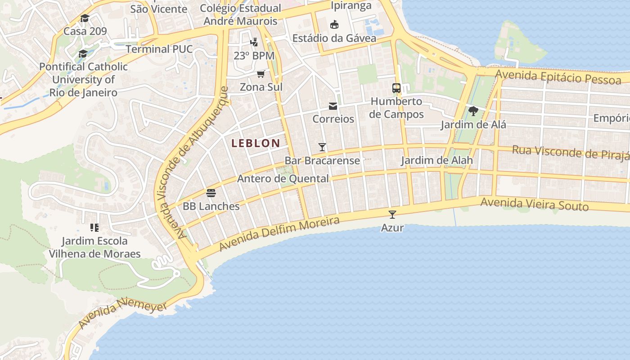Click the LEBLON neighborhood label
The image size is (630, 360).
tap(256, 143)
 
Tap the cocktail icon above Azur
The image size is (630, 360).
tap(392, 214)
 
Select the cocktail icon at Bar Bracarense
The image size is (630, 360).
tap(322, 147)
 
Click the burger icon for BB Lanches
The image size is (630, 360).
tap(211, 193)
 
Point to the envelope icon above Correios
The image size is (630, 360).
tap(333, 106)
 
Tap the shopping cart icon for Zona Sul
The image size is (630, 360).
tap(261, 74)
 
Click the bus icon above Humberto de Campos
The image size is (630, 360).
tap(396, 88)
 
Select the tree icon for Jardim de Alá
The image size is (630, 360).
tap(473, 111)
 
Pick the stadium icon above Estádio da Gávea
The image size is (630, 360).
tap(334, 24)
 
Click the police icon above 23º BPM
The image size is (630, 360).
tap(254, 42)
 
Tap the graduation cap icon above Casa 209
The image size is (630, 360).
tap(85, 18)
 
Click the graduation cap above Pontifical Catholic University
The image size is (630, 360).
tap(83, 54)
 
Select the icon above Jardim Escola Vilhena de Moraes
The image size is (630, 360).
tap(94, 227)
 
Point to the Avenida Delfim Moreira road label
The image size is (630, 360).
tap(279, 234)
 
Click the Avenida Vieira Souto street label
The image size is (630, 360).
tap(534, 204)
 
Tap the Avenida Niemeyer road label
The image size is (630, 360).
tap(122, 314)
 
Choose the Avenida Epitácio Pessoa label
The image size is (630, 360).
tap(558, 77)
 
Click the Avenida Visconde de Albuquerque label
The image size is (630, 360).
tap(191, 162)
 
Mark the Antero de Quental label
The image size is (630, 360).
tap(283, 179)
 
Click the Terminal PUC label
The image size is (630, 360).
tap(159, 49)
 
